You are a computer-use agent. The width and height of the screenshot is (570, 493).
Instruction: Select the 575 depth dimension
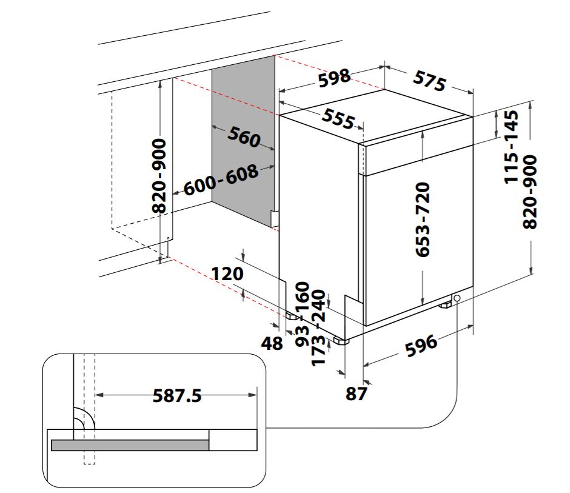(429, 80)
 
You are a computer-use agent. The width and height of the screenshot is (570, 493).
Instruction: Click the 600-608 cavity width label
(221, 179)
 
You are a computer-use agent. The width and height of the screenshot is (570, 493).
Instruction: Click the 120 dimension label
(227, 273)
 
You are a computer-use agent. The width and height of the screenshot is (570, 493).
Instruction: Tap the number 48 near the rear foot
(272, 343)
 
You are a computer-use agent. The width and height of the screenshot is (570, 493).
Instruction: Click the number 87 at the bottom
(357, 394)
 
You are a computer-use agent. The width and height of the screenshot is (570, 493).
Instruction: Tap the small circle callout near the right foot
(455, 298)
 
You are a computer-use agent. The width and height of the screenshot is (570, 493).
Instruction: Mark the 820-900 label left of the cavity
(159, 175)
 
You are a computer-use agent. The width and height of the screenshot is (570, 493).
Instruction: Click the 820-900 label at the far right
(530, 192)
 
